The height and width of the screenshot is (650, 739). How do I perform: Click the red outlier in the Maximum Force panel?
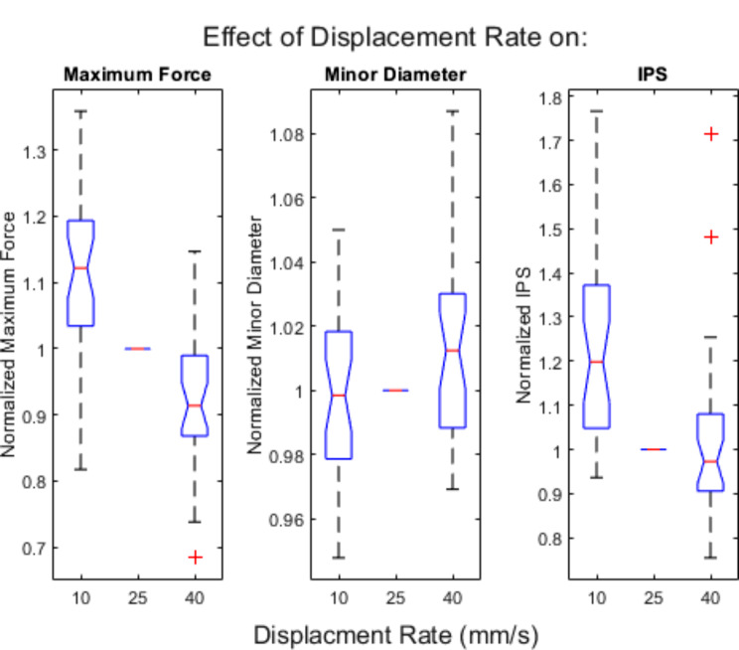coord(195,558)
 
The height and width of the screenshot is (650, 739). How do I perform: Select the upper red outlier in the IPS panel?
coord(711,134)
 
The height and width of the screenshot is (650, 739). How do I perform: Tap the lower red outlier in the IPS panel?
coord(711,238)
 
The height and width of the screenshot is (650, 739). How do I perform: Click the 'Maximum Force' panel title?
coord(138,75)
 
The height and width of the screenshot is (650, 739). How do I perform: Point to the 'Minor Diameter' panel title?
coord(395,75)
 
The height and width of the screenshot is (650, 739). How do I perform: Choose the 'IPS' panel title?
coord(653,75)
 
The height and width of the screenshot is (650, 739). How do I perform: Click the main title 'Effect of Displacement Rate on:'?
coord(395,37)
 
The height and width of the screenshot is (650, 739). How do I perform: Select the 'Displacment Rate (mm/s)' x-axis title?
coord(396,635)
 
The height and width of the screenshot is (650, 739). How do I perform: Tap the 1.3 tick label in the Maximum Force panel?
coord(35,152)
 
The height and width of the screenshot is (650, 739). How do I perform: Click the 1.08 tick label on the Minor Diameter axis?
coord(286,135)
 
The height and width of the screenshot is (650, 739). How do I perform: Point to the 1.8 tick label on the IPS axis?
coord(550,98)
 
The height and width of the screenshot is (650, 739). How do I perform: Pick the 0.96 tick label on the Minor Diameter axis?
coord(286,520)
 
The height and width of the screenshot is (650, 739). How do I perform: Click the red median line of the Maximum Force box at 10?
coord(81,268)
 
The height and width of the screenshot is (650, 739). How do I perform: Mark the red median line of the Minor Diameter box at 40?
coord(453,351)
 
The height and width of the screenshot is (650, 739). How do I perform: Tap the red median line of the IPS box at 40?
coord(711,461)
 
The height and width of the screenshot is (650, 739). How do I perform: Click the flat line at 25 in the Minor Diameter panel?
coord(395,391)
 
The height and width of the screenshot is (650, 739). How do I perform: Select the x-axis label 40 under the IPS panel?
coord(711,598)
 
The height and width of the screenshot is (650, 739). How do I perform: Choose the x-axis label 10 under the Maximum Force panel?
coord(81,598)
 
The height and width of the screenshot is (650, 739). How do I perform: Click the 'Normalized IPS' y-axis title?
coord(524,335)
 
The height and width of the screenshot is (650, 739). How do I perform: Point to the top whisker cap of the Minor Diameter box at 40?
coord(453,111)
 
